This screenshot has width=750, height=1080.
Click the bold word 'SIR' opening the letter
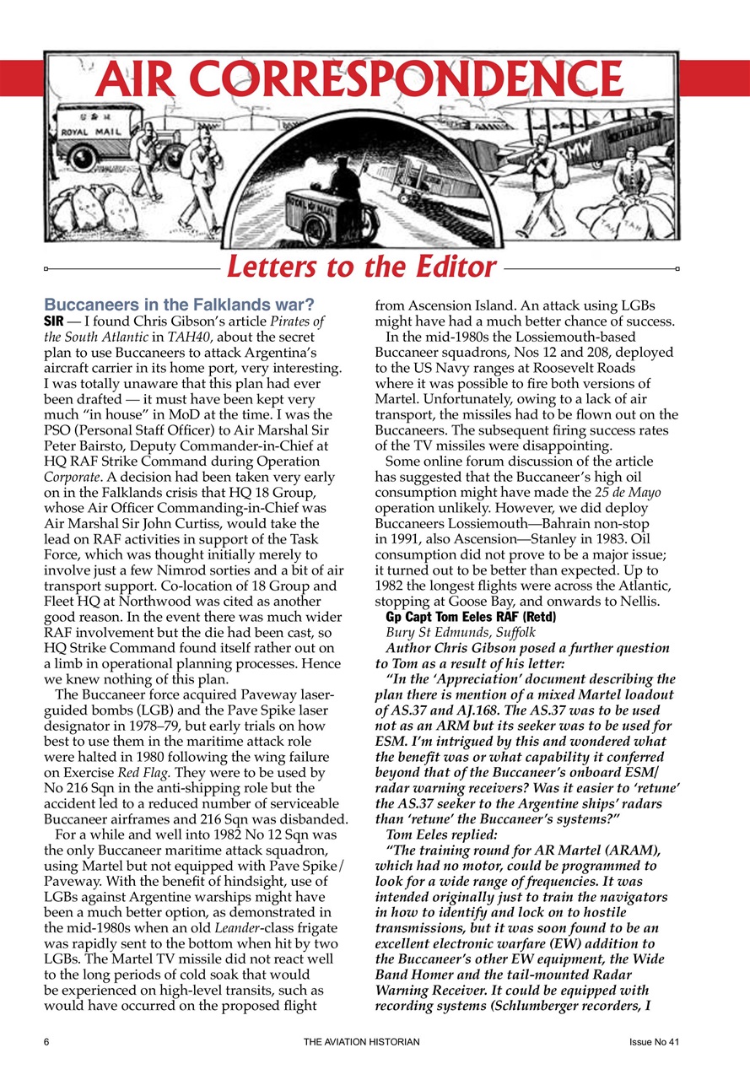[56, 321]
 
